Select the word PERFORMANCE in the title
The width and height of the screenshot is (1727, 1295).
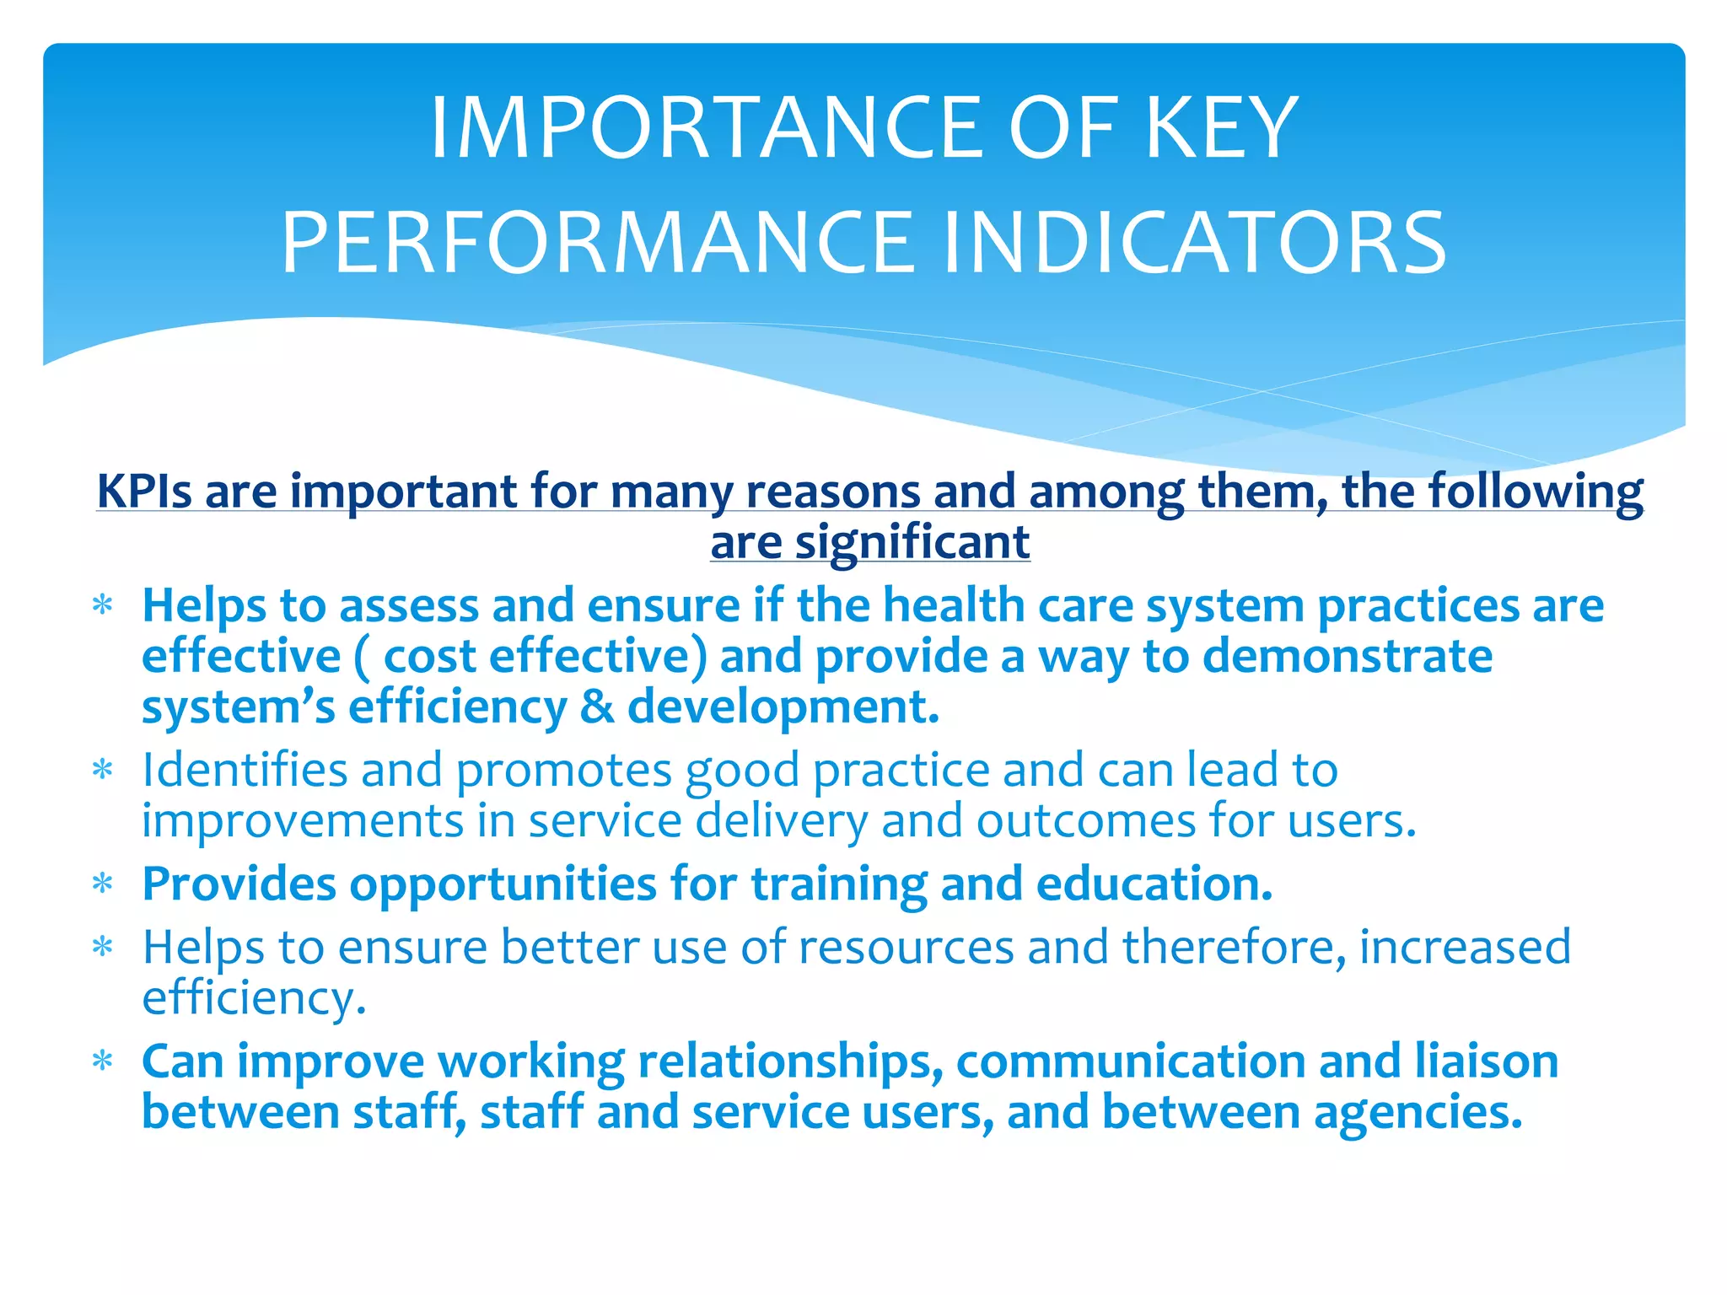[597, 244]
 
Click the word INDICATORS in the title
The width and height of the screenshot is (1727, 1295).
[1194, 244]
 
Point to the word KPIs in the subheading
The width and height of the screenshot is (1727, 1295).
[144, 491]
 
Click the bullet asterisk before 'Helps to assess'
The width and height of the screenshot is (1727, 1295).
[103, 607]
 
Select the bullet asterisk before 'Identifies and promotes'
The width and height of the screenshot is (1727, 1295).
[103, 771]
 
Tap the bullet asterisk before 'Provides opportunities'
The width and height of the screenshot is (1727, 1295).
[103, 885]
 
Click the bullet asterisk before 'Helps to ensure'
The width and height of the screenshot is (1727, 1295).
[103, 948]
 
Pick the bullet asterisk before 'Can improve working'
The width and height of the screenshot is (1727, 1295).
[103, 1062]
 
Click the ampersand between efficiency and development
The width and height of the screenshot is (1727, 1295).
[596, 707]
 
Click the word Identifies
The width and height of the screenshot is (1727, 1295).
[245, 771]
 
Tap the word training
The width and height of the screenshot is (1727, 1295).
[838, 885]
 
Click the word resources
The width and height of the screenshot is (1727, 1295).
[906, 948]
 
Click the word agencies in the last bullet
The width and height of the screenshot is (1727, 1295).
[1417, 1112]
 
